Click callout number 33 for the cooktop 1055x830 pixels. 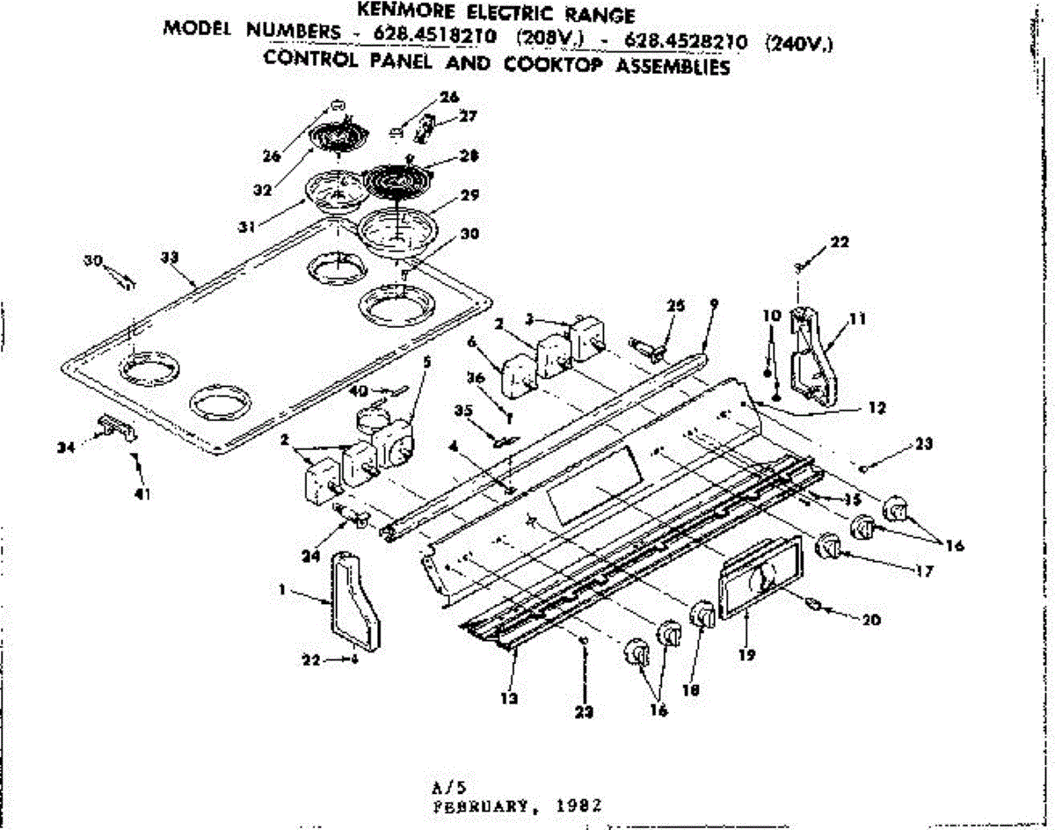coord(171,258)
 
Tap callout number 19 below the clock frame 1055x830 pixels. coord(746,654)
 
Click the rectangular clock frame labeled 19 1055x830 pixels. coord(760,581)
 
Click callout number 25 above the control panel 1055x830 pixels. coord(674,307)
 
